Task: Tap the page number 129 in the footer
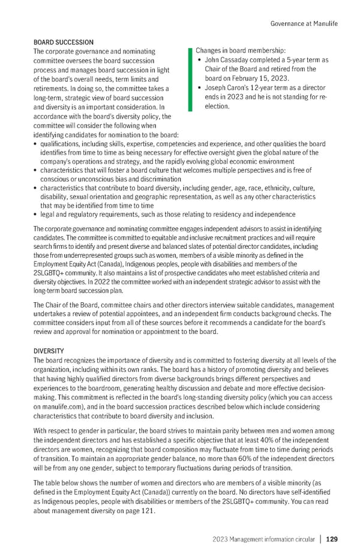click(332, 539)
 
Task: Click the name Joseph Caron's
click(230, 88)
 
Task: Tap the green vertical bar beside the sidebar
click(190, 79)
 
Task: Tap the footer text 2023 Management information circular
click(263, 539)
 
